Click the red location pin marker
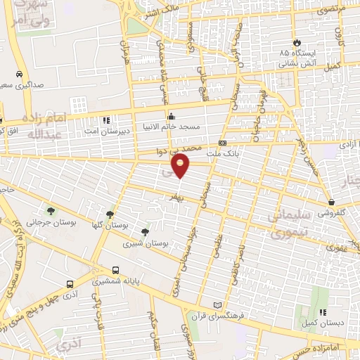(181, 166)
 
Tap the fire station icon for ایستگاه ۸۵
(297, 43)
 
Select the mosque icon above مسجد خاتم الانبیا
(169, 117)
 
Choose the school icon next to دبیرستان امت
(106, 120)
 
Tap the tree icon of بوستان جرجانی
(50, 211)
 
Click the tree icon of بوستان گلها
(110, 214)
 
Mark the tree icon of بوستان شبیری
(145, 231)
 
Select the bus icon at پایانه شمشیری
(115, 269)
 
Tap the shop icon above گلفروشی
(330, 202)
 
